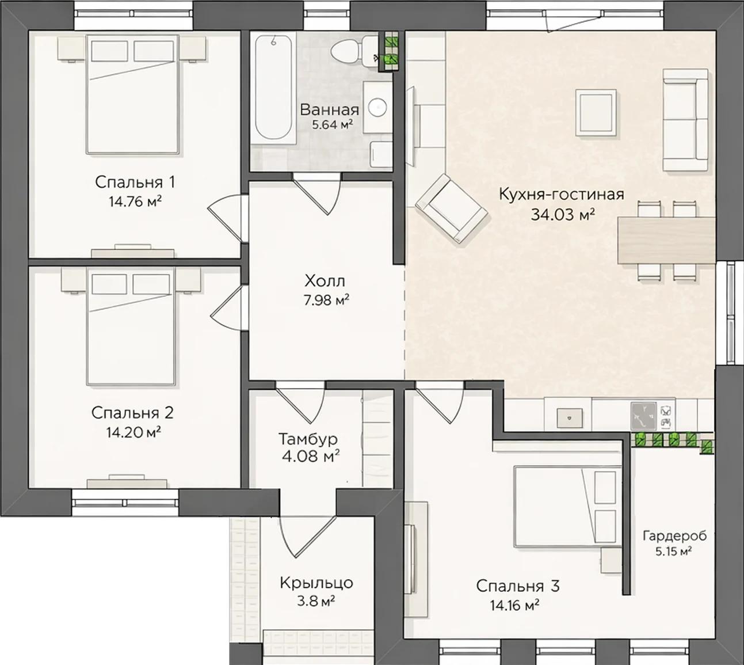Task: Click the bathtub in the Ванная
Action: (273, 88)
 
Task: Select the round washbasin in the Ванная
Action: (377, 107)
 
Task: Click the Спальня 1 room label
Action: (135, 183)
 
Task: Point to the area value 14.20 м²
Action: (133, 432)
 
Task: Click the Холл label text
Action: (325, 282)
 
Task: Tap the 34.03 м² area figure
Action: (563, 215)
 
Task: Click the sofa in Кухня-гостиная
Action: (685, 120)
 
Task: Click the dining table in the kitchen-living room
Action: (666, 240)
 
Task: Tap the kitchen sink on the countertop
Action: (570, 418)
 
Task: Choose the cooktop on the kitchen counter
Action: (643, 416)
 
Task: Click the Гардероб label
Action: (674, 537)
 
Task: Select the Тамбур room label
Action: (308, 439)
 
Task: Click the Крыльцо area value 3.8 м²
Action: (316, 602)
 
